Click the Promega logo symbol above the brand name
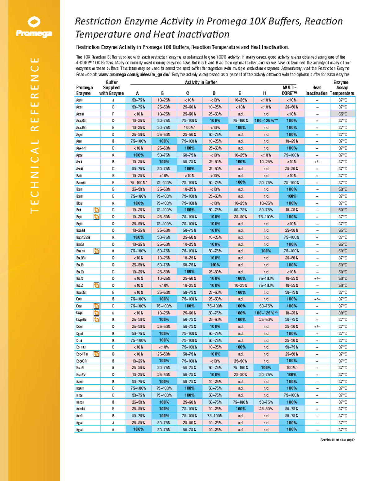34,22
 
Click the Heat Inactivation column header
317,90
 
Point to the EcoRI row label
80,368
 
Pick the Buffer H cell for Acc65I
266,121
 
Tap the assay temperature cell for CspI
343,313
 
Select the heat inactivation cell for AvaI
317,162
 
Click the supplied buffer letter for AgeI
113,135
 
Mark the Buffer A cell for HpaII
139,430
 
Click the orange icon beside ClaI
97,306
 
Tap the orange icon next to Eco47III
97,354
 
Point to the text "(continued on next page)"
337,439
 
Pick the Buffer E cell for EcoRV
241,375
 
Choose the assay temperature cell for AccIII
343,114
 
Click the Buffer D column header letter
214,93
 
